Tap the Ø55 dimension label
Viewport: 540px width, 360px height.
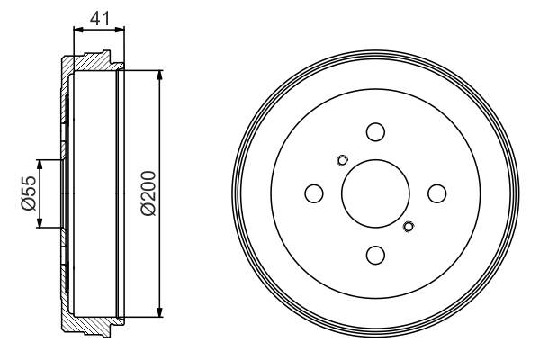(x=28, y=193)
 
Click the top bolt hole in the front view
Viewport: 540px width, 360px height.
(x=375, y=131)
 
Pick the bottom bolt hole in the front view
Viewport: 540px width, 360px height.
(x=375, y=255)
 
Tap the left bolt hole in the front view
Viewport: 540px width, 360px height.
(x=314, y=193)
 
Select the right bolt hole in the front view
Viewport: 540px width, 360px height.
(x=437, y=193)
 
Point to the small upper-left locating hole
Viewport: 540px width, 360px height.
(x=341, y=161)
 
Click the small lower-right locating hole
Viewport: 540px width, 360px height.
(x=409, y=226)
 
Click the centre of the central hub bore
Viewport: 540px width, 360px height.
(x=375, y=193)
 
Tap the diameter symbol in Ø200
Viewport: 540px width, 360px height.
(x=148, y=210)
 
